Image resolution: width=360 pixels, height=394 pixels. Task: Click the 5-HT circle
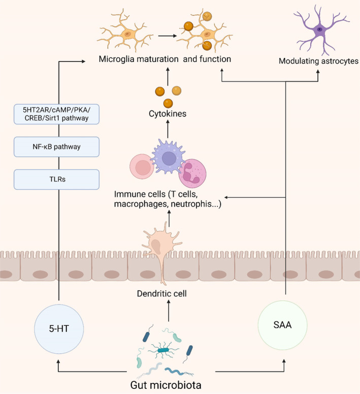click(x=59, y=329)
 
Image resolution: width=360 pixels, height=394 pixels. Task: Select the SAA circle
click(x=283, y=325)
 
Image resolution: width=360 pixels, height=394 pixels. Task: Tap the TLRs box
click(x=56, y=179)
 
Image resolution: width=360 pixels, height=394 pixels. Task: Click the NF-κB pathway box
click(x=56, y=147)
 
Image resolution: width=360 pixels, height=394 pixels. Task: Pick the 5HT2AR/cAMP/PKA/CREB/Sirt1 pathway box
click(x=56, y=114)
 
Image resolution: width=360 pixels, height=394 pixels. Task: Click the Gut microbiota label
click(x=166, y=385)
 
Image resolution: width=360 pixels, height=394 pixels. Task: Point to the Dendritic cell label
click(x=161, y=293)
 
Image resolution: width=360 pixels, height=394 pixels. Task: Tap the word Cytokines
click(x=168, y=113)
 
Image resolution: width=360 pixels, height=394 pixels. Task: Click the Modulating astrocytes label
click(x=318, y=61)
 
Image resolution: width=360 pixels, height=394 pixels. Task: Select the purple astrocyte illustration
click(x=319, y=29)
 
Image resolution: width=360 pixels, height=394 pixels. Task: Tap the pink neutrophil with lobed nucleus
click(x=192, y=173)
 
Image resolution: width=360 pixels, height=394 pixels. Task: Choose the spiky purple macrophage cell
click(x=169, y=158)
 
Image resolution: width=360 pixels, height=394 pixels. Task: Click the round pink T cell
click(x=142, y=166)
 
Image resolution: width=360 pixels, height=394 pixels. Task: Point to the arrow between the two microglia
click(x=168, y=36)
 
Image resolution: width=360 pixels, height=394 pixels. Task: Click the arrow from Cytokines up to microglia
click(x=168, y=76)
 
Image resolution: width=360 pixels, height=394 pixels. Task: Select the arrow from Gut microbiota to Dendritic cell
click(x=169, y=311)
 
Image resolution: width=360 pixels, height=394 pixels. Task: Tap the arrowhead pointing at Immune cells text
click(x=225, y=197)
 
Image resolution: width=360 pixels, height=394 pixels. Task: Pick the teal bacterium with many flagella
click(x=163, y=350)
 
